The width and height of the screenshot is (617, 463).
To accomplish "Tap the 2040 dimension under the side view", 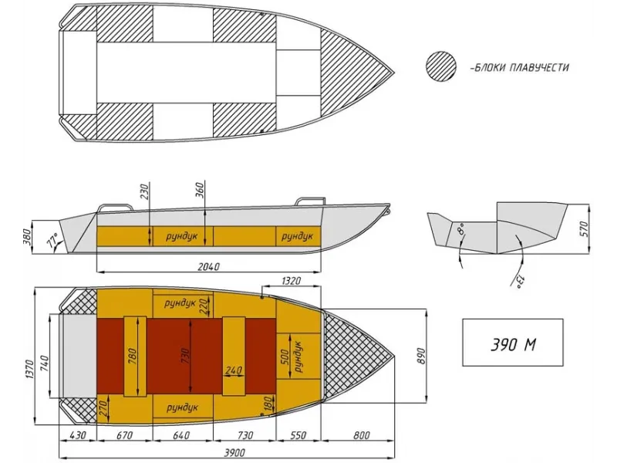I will pyautogui.click(x=209, y=266).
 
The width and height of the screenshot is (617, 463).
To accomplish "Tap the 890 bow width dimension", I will pyautogui.click(x=421, y=356).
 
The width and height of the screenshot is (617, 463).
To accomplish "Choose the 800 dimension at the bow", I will pyautogui.click(x=362, y=435).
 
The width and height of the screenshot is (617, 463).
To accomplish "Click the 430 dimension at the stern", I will pyautogui.click(x=76, y=435).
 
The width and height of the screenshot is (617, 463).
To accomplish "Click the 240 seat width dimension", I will pyautogui.click(x=232, y=370).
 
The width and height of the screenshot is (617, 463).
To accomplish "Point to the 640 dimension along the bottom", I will pyautogui.click(x=179, y=435).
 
